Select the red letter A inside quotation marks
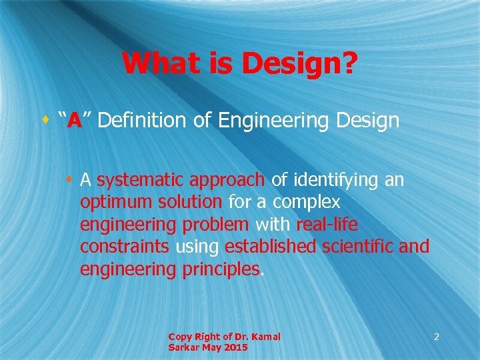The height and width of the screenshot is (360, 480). point(74,121)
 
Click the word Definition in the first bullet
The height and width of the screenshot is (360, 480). point(140,121)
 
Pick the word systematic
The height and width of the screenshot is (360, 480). point(141,180)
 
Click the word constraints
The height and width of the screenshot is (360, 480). point(125,247)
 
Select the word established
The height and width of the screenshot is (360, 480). point(271,247)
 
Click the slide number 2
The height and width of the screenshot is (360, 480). point(436,337)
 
